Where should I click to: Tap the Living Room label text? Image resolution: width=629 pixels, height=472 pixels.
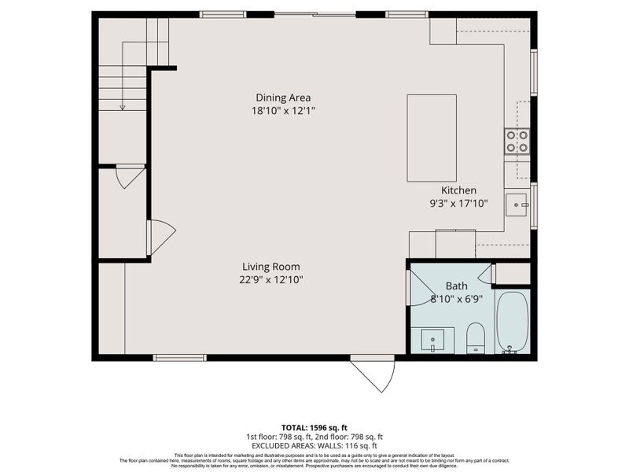[x=270, y=267]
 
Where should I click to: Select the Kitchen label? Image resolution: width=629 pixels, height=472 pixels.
[x=458, y=190]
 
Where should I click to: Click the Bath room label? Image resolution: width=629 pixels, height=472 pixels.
[x=457, y=286]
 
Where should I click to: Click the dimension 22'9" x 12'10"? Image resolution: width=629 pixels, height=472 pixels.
[x=270, y=279]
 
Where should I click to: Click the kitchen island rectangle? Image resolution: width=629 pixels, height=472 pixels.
[x=431, y=138]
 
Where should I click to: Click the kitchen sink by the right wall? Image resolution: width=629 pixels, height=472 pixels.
[x=517, y=205]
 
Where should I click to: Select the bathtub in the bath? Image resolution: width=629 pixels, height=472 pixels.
[x=513, y=323]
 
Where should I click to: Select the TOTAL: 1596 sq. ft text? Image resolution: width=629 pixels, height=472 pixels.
[x=314, y=428]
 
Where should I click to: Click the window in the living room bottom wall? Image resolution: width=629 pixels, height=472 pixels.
[x=179, y=358]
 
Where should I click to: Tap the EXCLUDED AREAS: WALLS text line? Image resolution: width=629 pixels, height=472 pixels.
[x=314, y=445]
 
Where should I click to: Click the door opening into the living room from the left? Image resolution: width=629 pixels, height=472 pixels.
[x=160, y=237]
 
